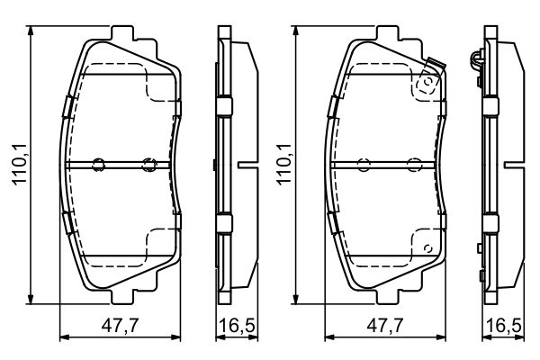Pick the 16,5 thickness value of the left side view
point(230,326)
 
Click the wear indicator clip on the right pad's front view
point(429,78)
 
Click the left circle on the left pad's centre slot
point(99,165)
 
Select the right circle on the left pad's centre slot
point(149,165)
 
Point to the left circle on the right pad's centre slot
point(364,165)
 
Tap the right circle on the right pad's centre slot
point(414,165)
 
